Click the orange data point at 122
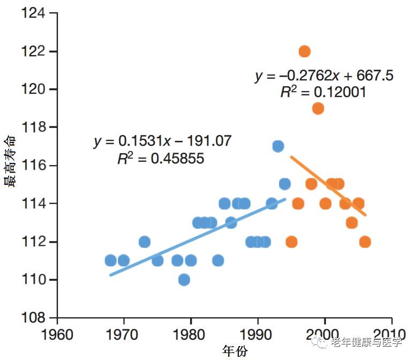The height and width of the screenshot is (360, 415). [x=304, y=51]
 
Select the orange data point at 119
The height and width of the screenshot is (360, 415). [x=318, y=109]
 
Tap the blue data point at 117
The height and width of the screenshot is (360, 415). [x=278, y=146]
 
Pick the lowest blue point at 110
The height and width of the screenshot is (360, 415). [x=184, y=280]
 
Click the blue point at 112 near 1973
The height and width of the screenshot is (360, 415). [x=145, y=242]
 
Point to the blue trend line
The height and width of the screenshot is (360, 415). [x=198, y=237]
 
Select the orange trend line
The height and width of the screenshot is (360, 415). [x=328, y=186]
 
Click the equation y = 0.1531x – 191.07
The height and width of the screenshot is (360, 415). [x=162, y=141]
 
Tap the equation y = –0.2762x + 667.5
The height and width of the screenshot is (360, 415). [x=324, y=76]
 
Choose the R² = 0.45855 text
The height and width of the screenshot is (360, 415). [x=161, y=159]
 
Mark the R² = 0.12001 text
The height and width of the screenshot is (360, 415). [x=323, y=92]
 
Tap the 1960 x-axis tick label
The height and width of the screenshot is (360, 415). [x=57, y=334]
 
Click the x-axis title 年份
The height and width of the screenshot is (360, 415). [x=235, y=351]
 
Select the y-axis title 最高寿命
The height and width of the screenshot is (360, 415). [x=10, y=161]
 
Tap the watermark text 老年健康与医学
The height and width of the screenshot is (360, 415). [x=366, y=342]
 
